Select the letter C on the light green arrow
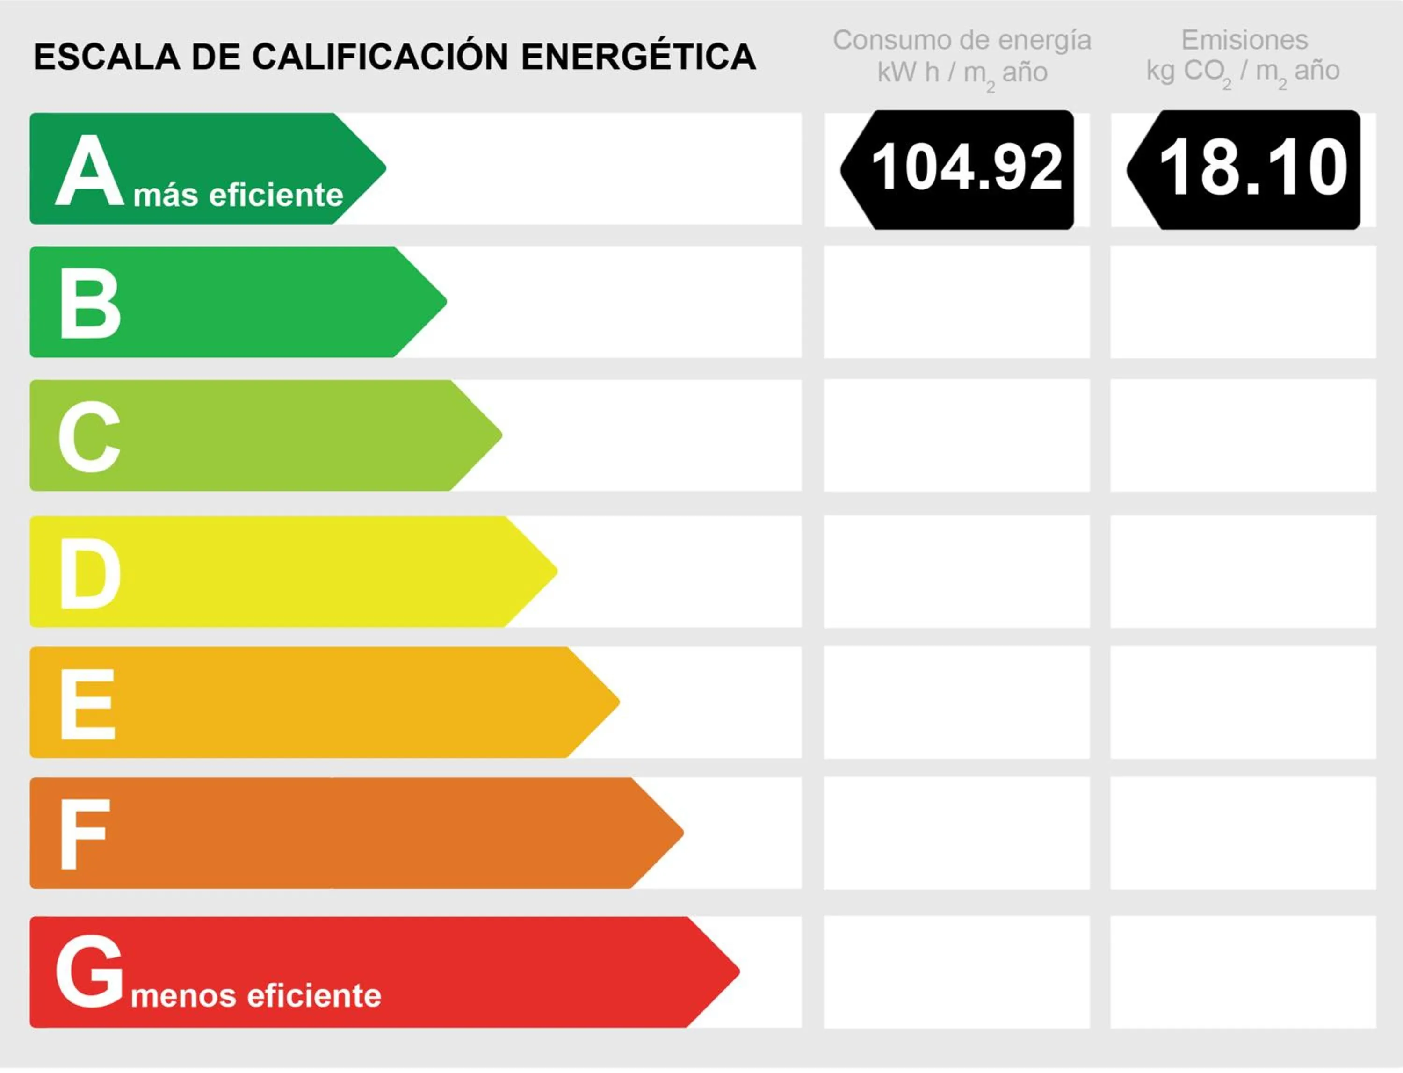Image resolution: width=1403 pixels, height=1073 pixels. [89, 437]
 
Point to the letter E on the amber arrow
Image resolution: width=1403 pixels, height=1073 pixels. [88, 704]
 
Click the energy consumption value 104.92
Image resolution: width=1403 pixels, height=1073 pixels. [966, 168]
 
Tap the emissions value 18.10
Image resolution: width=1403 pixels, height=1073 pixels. [1252, 168]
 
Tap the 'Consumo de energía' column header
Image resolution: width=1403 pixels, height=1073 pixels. [962, 40]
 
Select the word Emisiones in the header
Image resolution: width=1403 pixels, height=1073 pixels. [1244, 40]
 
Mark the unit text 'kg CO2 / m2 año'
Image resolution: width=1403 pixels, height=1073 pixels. [1243, 72]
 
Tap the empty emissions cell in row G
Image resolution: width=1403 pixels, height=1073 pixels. [1243, 971]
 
